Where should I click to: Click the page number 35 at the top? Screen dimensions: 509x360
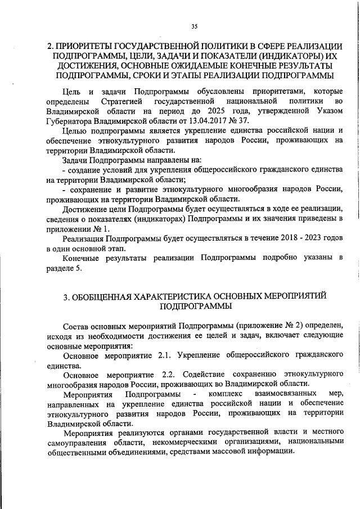tap(195, 26)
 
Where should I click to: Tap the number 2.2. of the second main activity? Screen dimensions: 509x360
tap(169, 375)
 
